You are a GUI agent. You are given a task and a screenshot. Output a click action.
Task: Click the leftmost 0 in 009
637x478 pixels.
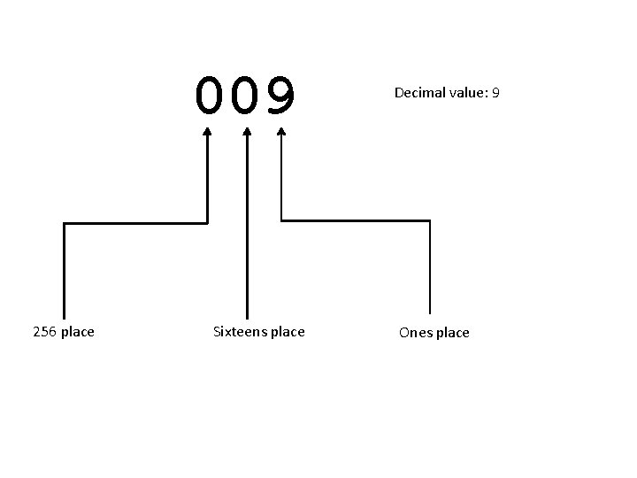coord(210,96)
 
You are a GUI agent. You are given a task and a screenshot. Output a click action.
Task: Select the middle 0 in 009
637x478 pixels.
coord(245,96)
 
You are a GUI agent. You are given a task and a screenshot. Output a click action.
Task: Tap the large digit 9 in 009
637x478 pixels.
coord(281,96)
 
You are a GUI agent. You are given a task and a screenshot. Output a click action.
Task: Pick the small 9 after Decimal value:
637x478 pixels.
coord(496,92)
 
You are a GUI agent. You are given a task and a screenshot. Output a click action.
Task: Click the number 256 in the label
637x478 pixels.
coord(44,332)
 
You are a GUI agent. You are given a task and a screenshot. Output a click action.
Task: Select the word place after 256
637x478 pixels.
coord(78,332)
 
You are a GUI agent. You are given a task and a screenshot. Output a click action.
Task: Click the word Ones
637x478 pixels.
coord(414,333)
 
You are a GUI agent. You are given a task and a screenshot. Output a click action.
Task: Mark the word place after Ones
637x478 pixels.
coord(452,333)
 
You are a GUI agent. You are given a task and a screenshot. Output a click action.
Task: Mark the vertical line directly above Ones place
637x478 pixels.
coord(430,266)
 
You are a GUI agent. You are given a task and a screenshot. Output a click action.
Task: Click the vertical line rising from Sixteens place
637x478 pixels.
coord(247,230)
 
